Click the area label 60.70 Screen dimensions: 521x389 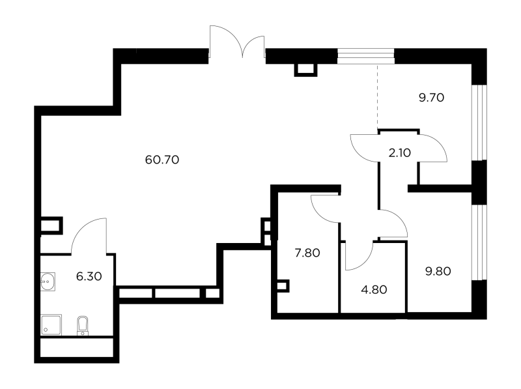point(162,160)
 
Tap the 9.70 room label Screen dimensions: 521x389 point(431,98)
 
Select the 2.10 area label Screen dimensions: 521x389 point(399,153)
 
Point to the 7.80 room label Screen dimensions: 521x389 point(307,253)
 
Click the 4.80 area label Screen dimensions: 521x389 point(374,290)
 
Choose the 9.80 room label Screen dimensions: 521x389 point(438,271)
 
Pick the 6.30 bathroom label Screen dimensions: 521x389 point(89,276)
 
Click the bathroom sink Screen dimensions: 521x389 point(48,281)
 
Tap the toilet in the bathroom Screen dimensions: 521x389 point(83,326)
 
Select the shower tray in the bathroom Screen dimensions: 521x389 point(51,325)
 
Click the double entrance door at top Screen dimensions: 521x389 point(237,41)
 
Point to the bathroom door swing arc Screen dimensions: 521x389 point(89,236)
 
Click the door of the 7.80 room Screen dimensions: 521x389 point(324,209)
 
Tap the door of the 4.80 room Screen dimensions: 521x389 point(359,255)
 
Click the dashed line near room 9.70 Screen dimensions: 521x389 point(378,96)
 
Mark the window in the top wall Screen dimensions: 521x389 point(366,56)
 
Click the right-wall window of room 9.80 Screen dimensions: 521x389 point(479,242)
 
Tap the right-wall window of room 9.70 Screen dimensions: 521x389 point(479,122)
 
